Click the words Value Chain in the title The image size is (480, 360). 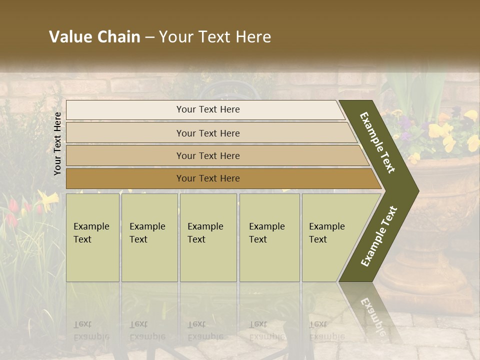(x=94, y=37)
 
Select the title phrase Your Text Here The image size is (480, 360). (x=215, y=37)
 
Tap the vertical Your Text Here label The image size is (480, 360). (x=58, y=144)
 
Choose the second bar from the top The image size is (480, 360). (x=208, y=133)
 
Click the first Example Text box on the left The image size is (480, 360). (x=92, y=237)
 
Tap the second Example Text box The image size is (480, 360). (x=149, y=237)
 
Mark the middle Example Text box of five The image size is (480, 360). (x=208, y=237)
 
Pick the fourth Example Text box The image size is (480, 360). (x=269, y=237)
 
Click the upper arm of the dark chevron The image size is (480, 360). (x=377, y=142)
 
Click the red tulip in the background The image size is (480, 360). (x=12, y=204)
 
